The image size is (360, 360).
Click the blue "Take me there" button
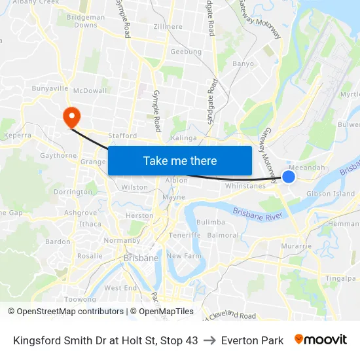(x=180, y=160)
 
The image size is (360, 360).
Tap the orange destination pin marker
(x=71, y=117)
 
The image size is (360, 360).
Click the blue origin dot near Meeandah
(x=289, y=177)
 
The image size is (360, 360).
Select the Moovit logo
(x=321, y=340)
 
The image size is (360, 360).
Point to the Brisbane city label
(x=141, y=258)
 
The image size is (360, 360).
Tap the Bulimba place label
(x=211, y=223)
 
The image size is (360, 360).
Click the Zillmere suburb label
(x=168, y=27)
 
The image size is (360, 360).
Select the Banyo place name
(x=243, y=64)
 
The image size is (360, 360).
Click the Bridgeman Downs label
(x=86, y=21)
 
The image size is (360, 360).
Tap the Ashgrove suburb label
(x=81, y=213)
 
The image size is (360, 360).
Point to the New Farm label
(x=185, y=256)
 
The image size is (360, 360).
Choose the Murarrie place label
(x=295, y=246)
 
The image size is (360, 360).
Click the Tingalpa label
(x=341, y=278)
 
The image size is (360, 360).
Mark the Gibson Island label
(x=331, y=194)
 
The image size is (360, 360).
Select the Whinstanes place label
(x=245, y=186)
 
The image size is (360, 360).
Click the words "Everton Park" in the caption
(x=252, y=340)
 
